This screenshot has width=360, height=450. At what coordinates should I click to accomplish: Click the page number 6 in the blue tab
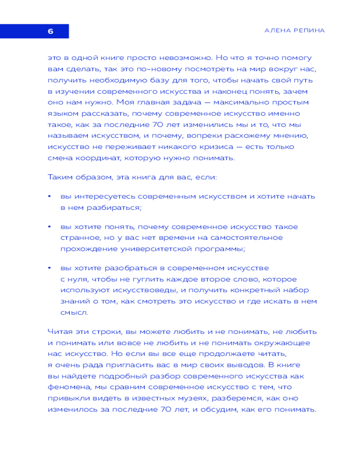pyautogui.click(x=50, y=31)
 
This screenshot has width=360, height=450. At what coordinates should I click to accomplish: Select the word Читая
pyautogui.click(x=59, y=332)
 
